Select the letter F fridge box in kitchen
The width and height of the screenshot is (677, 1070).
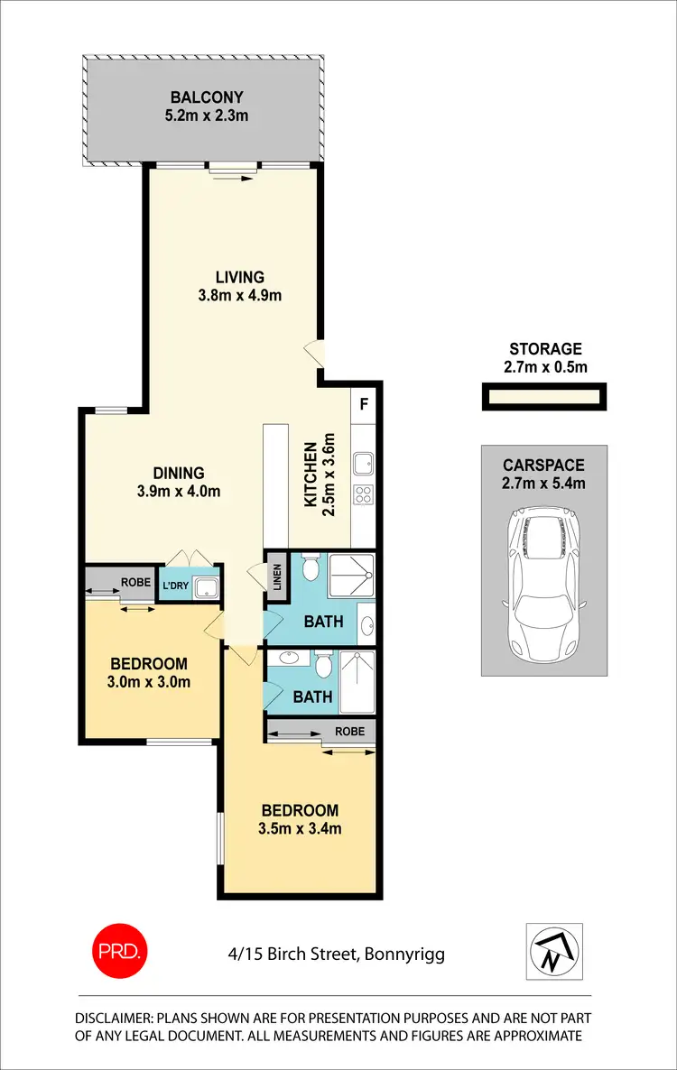(x=365, y=403)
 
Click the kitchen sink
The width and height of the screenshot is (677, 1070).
(x=364, y=464)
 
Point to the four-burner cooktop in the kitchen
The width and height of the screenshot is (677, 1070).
(x=365, y=494)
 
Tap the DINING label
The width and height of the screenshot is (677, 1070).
(x=178, y=472)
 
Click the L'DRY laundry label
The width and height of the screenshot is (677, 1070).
(x=175, y=586)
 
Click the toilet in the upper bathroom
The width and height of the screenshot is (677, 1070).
(x=310, y=568)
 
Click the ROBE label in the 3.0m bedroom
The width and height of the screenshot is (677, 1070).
(x=134, y=582)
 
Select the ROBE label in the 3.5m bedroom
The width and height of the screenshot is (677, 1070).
(x=349, y=731)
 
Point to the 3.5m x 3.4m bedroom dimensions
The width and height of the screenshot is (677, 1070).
(x=301, y=828)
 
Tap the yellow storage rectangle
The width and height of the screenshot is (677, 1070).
(x=543, y=397)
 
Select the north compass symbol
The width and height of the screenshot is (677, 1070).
(x=554, y=952)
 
